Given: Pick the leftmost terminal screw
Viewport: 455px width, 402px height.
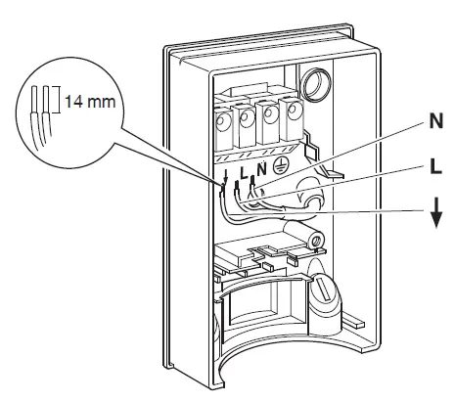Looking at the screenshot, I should pos(222,125).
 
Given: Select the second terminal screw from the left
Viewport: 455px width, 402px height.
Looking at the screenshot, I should pos(247,122).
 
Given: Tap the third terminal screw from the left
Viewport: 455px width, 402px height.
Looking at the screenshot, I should pos(270,119).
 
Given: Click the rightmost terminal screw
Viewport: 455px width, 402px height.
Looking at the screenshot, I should pos(292,115).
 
